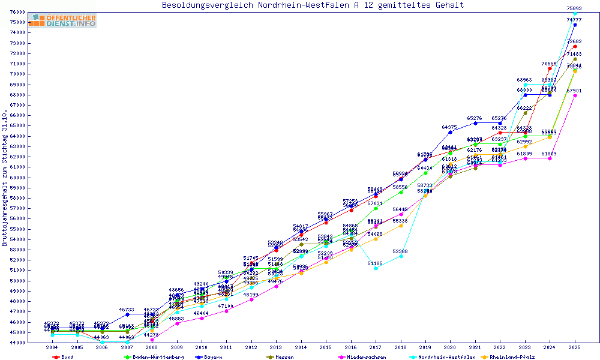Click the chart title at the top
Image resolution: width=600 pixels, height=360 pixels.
[x=313, y=5]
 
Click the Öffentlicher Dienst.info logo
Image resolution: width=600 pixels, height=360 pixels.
[x=62, y=21]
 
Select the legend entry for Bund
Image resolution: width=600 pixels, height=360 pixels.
[x=67, y=357]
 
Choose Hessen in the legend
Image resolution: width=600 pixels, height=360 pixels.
[x=284, y=357]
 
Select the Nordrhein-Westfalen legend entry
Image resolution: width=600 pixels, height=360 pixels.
[x=445, y=357]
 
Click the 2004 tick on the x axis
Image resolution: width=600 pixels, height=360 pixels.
[x=52, y=348]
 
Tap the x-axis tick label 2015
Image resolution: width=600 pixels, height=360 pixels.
[x=326, y=348]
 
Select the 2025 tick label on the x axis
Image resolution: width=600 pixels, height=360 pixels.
[x=575, y=348]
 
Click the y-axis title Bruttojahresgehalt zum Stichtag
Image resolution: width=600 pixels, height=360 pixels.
[x=5, y=178]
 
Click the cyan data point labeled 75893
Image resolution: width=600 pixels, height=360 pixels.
[x=575, y=14]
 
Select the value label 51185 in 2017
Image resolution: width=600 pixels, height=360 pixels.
[x=376, y=263]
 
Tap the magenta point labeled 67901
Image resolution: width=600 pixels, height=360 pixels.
[x=575, y=95]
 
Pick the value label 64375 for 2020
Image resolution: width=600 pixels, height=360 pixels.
[x=450, y=127]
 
